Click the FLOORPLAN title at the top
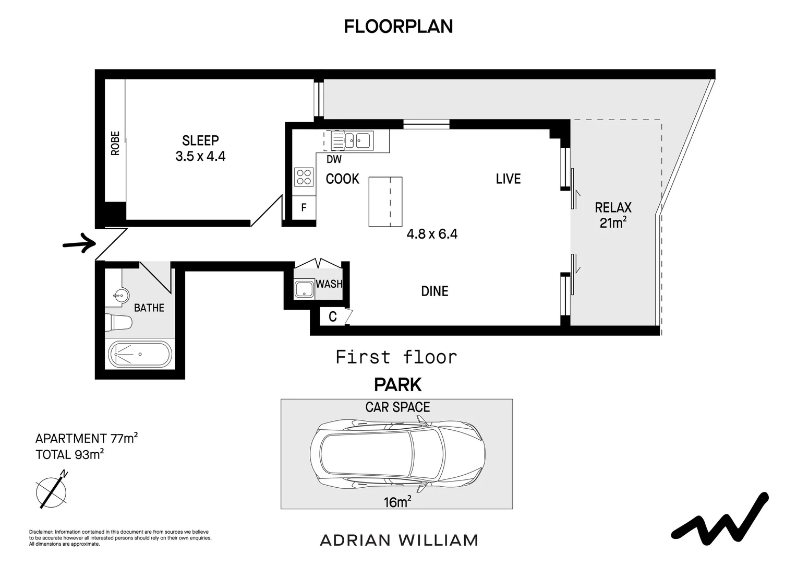pos(398,27)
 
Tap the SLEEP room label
pos(200,140)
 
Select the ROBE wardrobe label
pos(115,143)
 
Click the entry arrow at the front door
pos(79,243)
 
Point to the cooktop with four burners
pos(304,177)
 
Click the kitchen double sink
pos(352,140)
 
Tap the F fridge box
pos(304,208)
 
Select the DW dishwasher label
pos(334,159)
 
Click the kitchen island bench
pos(385,202)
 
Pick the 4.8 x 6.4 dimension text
pos(432,234)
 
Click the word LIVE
pos(508,179)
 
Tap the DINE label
pos(434,291)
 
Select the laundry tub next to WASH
pos(304,289)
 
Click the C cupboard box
pos(333,316)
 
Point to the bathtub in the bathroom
pos(140,354)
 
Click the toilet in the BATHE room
pos(118,323)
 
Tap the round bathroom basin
pos(120,295)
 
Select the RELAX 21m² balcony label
pos(613,215)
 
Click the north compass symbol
pos(52,490)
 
